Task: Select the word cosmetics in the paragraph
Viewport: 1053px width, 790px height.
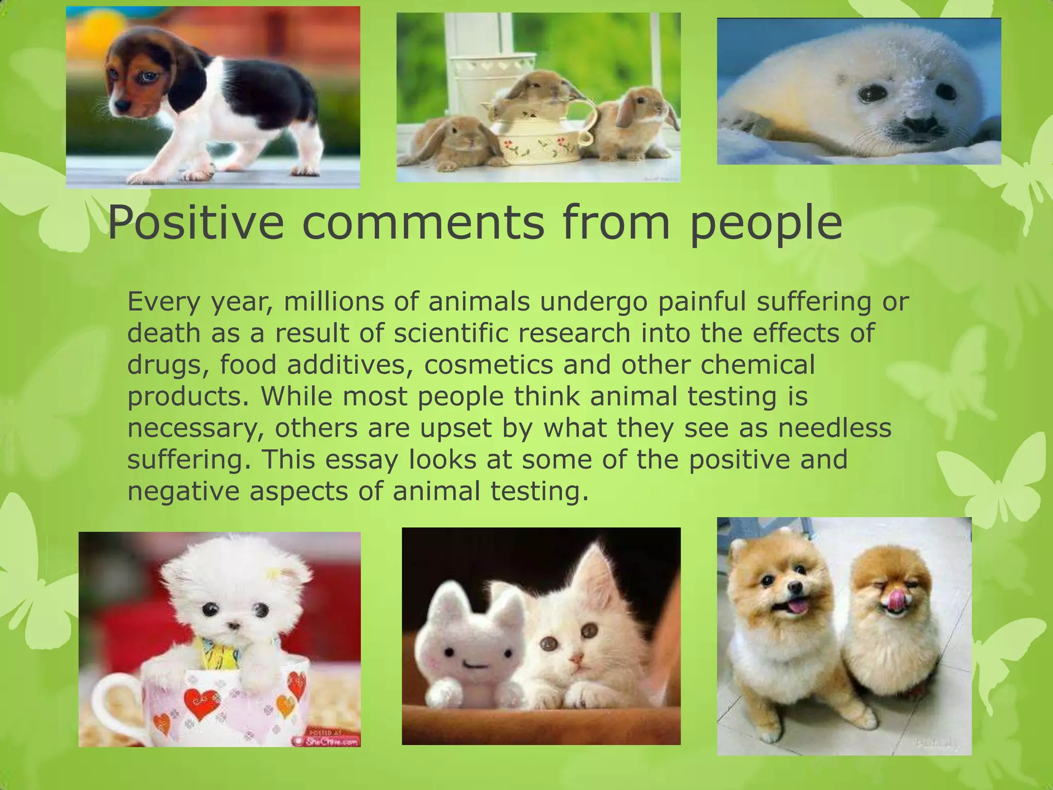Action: [x=488, y=365]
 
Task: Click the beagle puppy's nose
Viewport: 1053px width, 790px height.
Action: [x=121, y=104]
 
